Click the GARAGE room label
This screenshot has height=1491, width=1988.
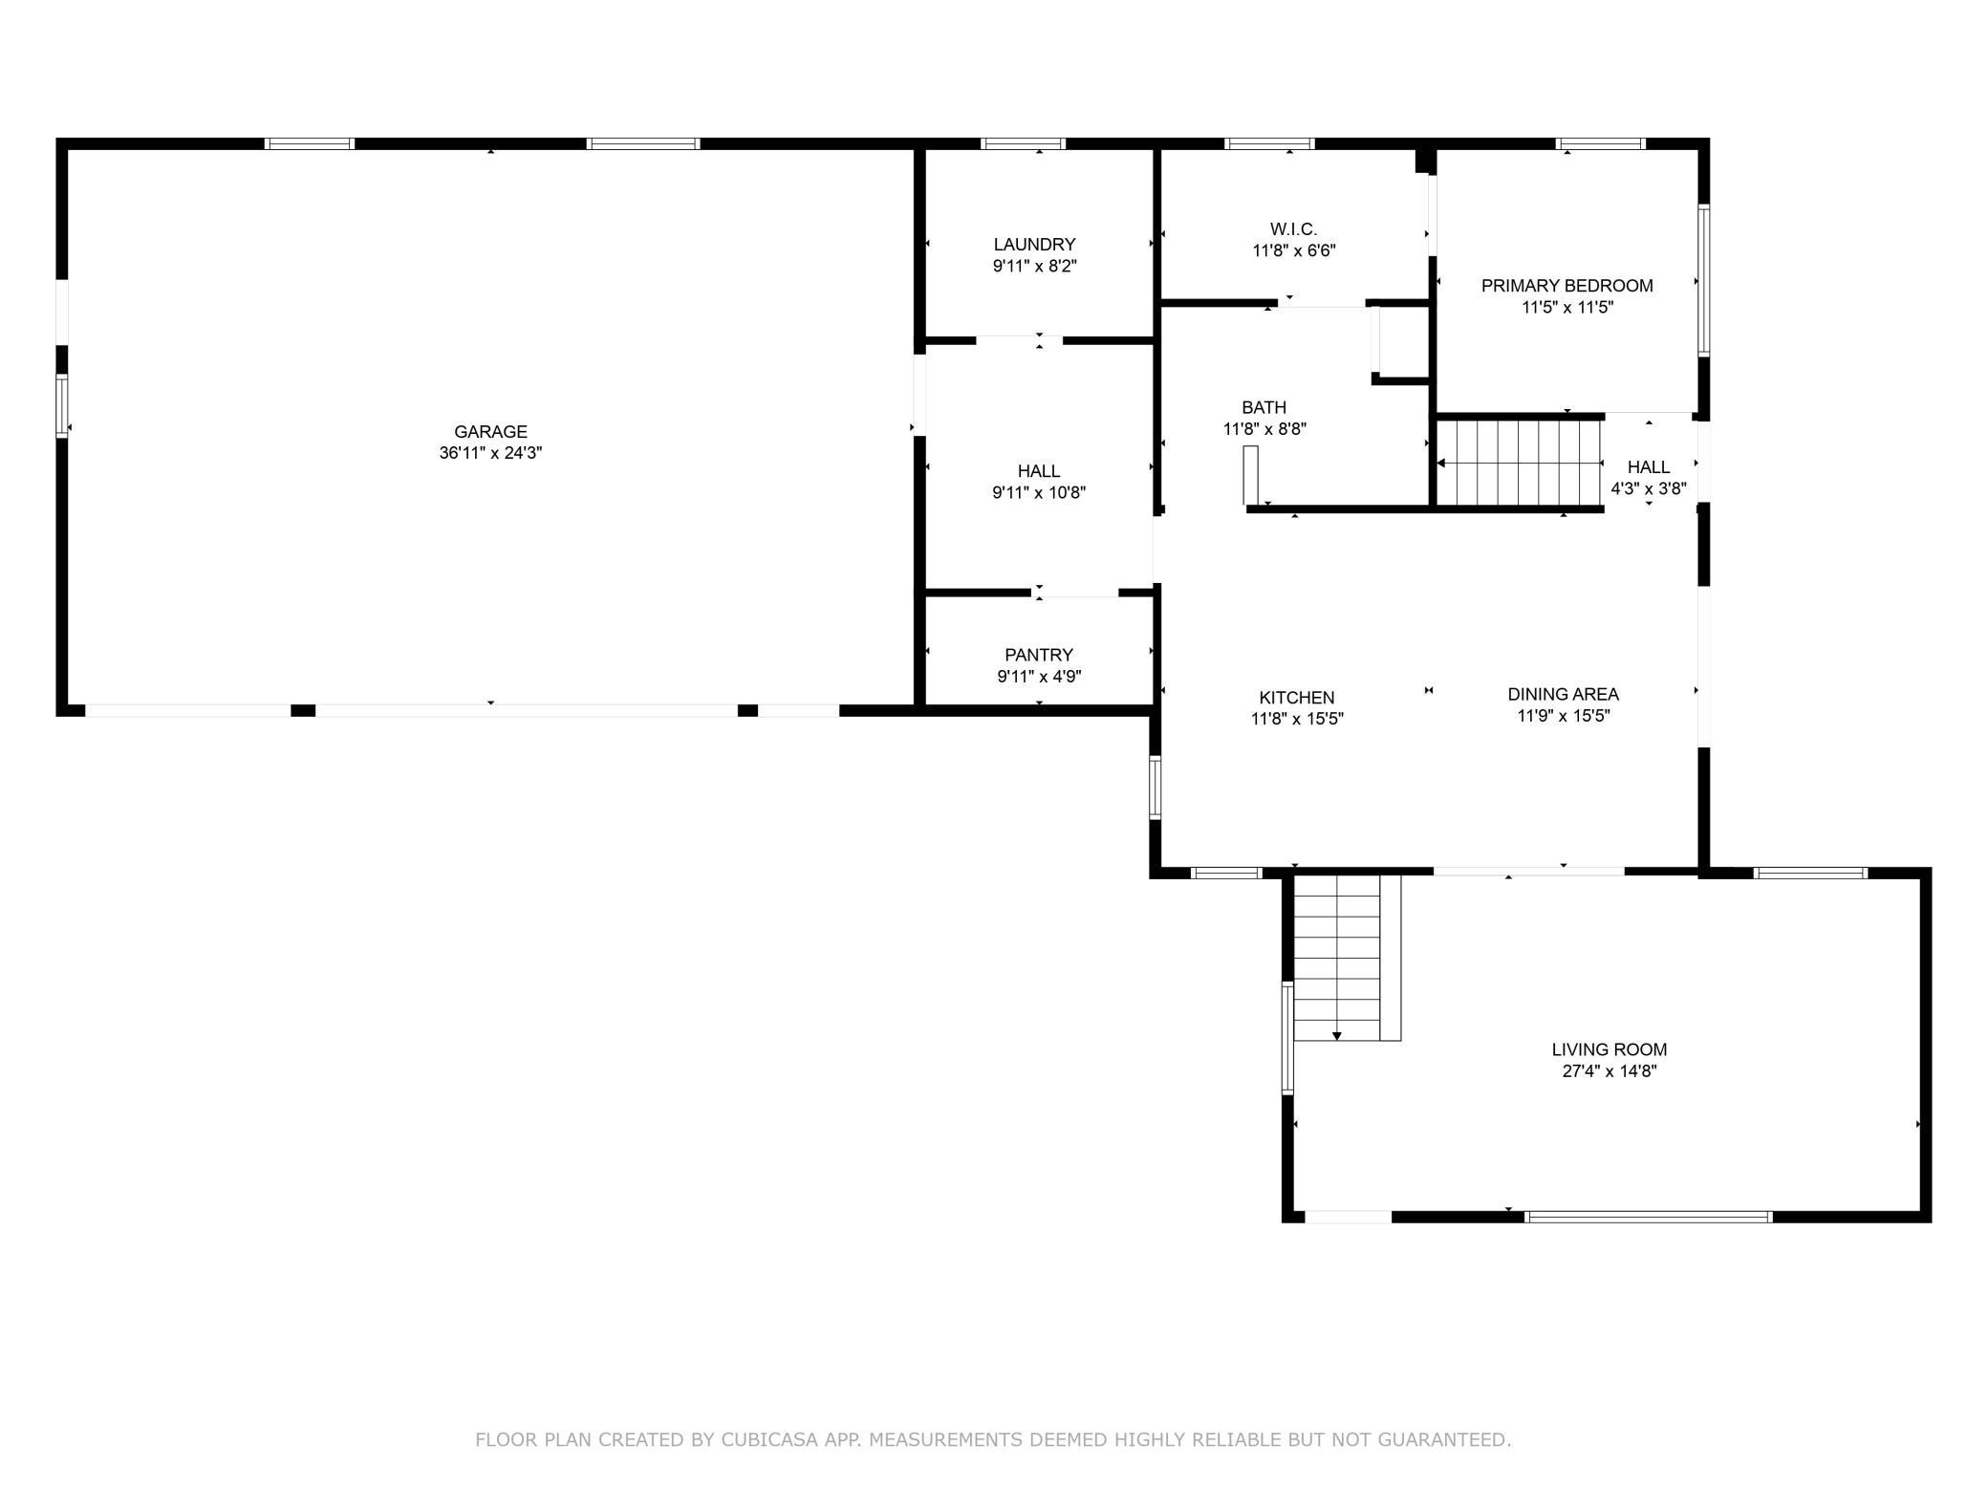pos(490,432)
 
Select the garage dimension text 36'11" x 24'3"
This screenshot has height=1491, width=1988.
pos(490,454)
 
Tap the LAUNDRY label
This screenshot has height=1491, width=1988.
pos(1034,245)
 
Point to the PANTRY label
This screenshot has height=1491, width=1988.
pos(1039,655)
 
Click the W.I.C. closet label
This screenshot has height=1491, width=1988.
pos(1293,229)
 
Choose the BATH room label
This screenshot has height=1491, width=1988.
pos(1264,408)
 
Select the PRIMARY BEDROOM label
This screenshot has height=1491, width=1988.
pos(1567,286)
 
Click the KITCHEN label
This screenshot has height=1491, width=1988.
pos(1296,698)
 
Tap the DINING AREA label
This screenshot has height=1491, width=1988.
pos(1563,695)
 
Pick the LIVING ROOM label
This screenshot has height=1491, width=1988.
pos(1609,1049)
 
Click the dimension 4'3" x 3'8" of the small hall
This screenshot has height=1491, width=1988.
pos(1648,488)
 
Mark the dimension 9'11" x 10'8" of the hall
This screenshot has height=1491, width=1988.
pos(1039,493)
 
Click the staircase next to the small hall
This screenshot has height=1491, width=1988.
pos(1520,464)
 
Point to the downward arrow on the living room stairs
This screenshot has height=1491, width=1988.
pos(1336,1035)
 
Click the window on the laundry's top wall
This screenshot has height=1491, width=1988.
pos(1023,144)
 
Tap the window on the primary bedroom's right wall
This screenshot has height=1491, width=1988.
pos(1703,281)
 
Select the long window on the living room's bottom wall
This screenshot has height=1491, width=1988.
pos(1648,1217)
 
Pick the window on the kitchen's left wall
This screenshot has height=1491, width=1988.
pos(1155,788)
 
